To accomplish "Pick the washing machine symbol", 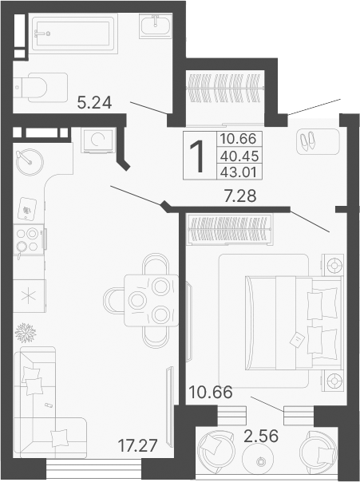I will coord(99,142).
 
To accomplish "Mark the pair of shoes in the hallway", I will coord(307,141).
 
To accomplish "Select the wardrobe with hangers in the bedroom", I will coord(231,230).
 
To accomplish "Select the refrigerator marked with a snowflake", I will coord(30,294).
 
